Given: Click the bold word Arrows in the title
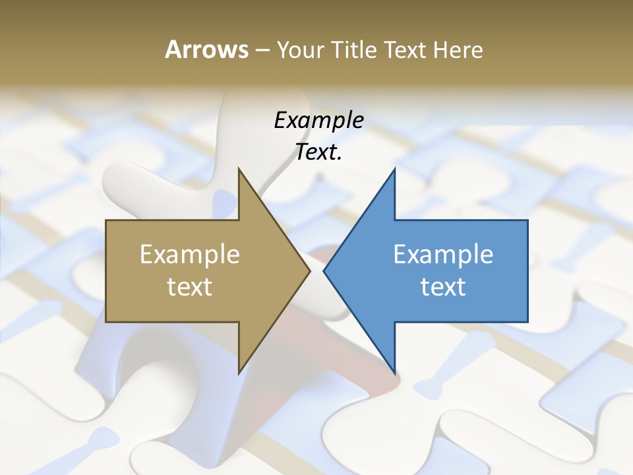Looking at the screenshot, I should click(x=206, y=49).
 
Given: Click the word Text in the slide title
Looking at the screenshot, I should click(x=406, y=49).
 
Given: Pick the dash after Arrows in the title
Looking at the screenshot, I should click(x=262, y=50).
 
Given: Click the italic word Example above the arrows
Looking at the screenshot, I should click(x=319, y=120).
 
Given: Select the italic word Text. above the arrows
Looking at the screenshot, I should click(x=319, y=152).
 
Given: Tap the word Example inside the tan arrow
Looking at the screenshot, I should click(x=190, y=254).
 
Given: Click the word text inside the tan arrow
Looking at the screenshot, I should click(x=190, y=287).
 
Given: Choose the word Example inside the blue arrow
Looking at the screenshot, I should click(x=443, y=254).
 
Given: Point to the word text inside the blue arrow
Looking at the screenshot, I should click(x=443, y=287).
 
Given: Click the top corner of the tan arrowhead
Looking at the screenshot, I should click(x=239, y=170).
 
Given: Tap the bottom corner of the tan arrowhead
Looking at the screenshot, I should click(x=239, y=373).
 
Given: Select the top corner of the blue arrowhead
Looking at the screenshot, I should click(x=394, y=170).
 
